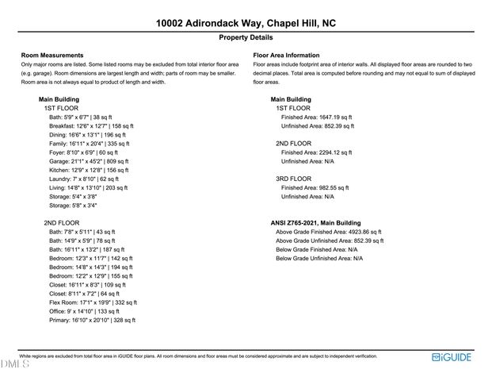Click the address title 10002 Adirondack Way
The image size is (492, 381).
click(246, 24)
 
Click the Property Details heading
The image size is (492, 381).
click(246, 37)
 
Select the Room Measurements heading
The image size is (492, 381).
click(52, 55)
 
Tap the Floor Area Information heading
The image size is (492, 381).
click(286, 55)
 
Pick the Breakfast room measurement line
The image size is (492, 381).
click(92, 125)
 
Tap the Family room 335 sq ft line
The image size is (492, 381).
click(92, 144)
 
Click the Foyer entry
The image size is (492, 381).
click(83, 152)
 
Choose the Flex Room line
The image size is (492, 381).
click(93, 302)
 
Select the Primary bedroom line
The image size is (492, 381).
click(93, 320)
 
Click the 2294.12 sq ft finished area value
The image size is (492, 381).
click(316, 152)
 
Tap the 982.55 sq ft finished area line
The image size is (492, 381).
click(315, 187)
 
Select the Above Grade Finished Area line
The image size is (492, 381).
click(330, 232)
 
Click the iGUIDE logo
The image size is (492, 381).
click(453, 358)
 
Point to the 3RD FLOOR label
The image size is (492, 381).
click(293, 179)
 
